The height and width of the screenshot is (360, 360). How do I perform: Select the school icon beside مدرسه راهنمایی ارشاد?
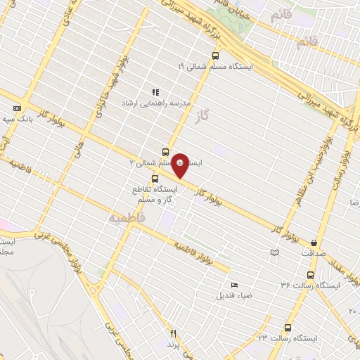(155, 92)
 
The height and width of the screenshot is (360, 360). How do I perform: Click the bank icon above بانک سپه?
(17, 108)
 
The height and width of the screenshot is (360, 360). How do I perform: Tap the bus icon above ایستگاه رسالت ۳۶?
(309, 275)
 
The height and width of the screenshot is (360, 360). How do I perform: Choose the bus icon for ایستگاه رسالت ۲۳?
(287, 327)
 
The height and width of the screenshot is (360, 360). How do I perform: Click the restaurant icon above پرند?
(174, 334)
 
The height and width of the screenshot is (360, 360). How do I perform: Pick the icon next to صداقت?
(275, 252)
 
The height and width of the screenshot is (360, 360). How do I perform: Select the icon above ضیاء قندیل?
(234, 285)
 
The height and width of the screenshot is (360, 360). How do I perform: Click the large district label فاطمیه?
(127, 219)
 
